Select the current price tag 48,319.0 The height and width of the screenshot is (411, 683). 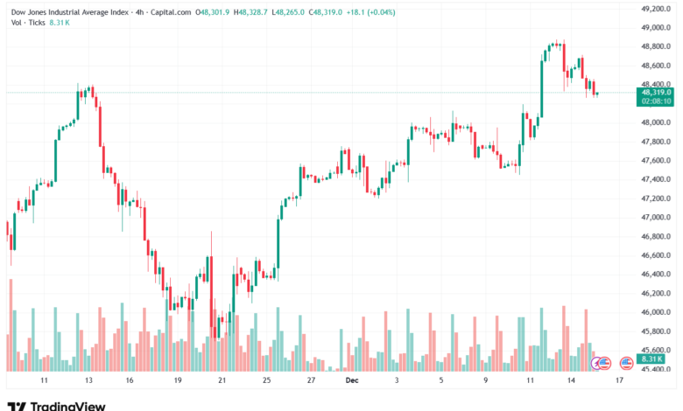point(656,92)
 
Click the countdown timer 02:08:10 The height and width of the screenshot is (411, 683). point(656,101)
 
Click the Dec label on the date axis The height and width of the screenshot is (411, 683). point(352,381)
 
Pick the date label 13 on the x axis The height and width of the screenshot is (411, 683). point(88,381)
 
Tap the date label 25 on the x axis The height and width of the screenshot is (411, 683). point(266,381)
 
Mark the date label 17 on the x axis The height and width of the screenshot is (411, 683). point(619,381)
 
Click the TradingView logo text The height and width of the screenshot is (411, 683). point(67,406)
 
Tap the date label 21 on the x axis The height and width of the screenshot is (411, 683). point(222,381)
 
